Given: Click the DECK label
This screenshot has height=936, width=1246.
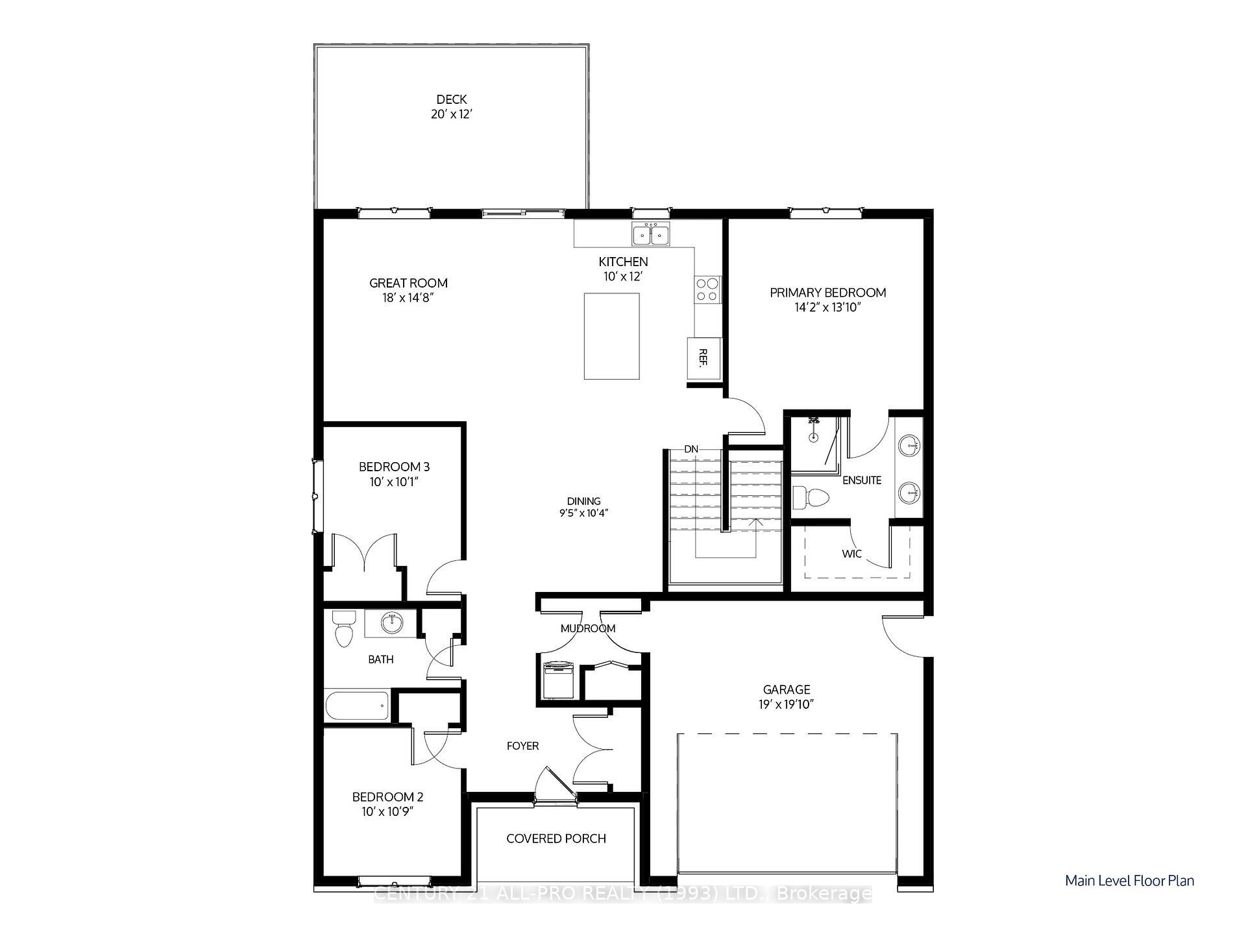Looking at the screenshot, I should pyautogui.click(x=451, y=99).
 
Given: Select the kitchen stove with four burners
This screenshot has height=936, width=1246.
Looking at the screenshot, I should pyautogui.click(x=707, y=289).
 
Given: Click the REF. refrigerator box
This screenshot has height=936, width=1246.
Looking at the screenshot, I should pyautogui.click(x=704, y=358).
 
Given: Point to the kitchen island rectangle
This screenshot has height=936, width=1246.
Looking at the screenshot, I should pyautogui.click(x=611, y=336).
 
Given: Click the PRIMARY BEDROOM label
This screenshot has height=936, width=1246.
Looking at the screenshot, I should pyautogui.click(x=827, y=293).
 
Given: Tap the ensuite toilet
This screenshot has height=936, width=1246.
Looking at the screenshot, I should pyautogui.click(x=810, y=498).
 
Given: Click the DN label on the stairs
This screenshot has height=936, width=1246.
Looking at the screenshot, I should pyautogui.click(x=691, y=449).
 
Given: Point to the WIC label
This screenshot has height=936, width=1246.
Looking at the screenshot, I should pyautogui.click(x=851, y=554).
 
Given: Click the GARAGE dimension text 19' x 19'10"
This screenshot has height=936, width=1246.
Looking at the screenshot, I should pyautogui.click(x=787, y=704).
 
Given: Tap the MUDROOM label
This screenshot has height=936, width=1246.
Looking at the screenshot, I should pyautogui.click(x=588, y=628).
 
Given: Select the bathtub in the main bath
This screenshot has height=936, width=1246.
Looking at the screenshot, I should pyautogui.click(x=357, y=706).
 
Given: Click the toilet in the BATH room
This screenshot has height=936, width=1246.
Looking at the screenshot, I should pyautogui.click(x=343, y=628).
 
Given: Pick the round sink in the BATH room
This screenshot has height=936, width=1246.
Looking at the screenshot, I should pyautogui.click(x=392, y=624).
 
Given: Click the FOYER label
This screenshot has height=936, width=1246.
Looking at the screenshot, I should pyautogui.click(x=522, y=746).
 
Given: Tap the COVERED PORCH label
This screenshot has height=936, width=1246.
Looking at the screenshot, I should pyautogui.click(x=556, y=839).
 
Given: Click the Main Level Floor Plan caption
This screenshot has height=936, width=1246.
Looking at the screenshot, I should pyautogui.click(x=1129, y=881).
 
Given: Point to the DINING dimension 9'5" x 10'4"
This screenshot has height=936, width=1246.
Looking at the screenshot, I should pyautogui.click(x=583, y=513).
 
